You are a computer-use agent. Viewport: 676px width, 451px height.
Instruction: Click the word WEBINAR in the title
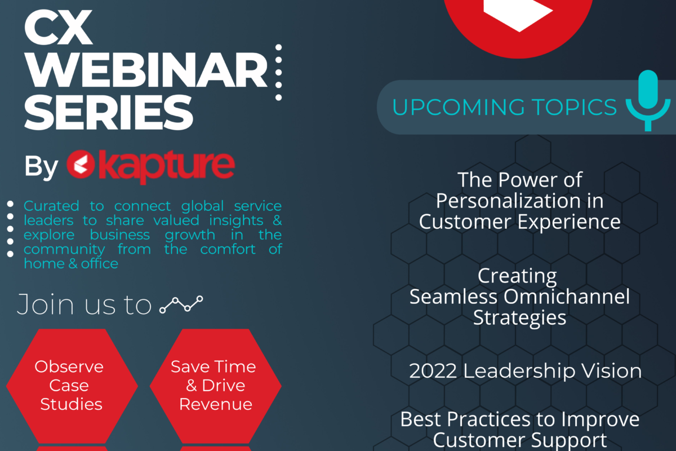pos(146,70)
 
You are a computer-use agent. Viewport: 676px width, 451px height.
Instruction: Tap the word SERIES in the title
pos(109,112)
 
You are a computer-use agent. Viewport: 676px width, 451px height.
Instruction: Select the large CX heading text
pos(58,28)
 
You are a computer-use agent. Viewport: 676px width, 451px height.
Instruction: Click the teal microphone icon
pos(648,100)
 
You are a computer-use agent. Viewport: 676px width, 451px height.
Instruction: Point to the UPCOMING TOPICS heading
pos(504,107)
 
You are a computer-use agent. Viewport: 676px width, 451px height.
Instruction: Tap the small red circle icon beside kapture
pos(81,164)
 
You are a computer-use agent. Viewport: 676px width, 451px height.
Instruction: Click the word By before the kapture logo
pos(41,166)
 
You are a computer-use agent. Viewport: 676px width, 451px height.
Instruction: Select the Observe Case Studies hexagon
pos(72,386)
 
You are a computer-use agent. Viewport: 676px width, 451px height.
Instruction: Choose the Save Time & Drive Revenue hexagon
pos(215,386)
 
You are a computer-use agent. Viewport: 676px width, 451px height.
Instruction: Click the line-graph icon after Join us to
pos(181,304)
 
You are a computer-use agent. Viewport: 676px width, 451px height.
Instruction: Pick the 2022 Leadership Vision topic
pos(525,370)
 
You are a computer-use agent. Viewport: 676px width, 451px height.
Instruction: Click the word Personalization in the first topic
pos(508,202)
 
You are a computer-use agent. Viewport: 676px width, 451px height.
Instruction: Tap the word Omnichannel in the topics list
pos(567,297)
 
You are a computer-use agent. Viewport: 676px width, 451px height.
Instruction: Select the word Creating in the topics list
pos(517,276)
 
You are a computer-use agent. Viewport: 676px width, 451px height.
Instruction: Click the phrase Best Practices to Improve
pos(519,419)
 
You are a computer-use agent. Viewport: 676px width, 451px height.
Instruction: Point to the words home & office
pos(71,264)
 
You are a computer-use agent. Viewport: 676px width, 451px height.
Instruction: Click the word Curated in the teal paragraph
pos(51,206)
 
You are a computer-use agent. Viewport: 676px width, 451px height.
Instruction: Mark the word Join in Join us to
pos(45,304)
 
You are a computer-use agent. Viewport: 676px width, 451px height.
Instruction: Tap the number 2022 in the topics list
pos(433,371)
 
